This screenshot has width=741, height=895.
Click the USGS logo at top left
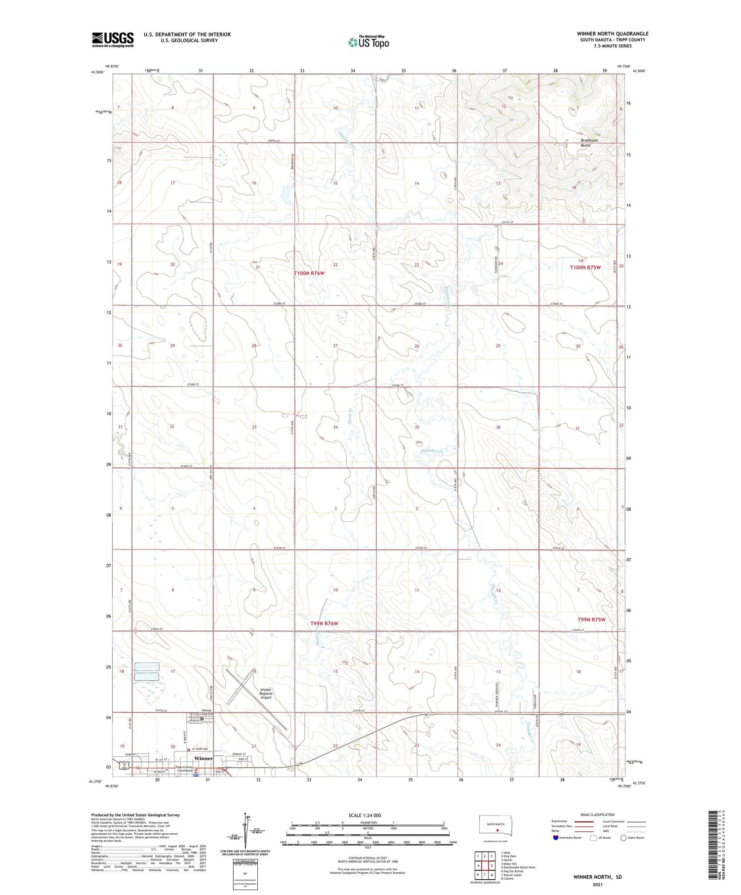coord(113,39)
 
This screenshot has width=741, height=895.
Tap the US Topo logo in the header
coord(368,42)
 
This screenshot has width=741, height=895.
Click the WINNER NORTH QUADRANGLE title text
coord(613,34)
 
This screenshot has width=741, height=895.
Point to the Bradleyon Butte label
coord(589,143)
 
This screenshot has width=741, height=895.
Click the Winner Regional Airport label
coord(266,694)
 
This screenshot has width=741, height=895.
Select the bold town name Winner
coord(204,758)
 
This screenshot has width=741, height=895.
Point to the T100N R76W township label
coord(309,273)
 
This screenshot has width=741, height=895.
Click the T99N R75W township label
coord(591,619)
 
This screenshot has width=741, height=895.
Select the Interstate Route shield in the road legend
coord(556,838)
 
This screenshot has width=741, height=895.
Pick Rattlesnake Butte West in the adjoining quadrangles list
coord(518,867)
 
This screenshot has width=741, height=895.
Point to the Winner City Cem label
coord(206,712)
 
